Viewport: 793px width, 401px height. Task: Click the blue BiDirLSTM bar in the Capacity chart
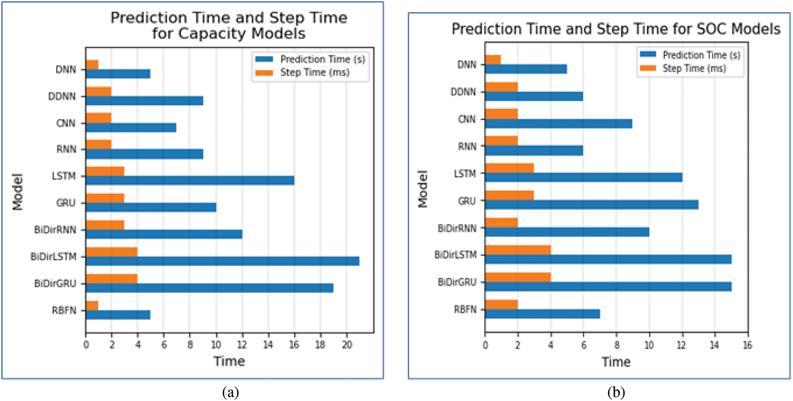pyautogui.click(x=223, y=261)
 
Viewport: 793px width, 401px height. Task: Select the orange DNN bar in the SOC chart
pyautogui.click(x=493, y=60)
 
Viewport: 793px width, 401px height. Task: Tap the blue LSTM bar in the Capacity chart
pyautogui.click(x=190, y=181)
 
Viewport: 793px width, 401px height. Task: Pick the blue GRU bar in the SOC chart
pyautogui.click(x=592, y=205)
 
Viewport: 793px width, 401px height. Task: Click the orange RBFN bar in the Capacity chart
pyautogui.click(x=92, y=306)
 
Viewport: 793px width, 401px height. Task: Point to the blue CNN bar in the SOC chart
pyautogui.click(x=559, y=124)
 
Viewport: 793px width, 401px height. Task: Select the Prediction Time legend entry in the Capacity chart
pyautogui.click(x=311, y=59)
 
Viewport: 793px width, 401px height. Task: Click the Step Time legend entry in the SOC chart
pyautogui.click(x=683, y=68)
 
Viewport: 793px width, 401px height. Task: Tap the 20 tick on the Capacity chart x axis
pyautogui.click(x=347, y=345)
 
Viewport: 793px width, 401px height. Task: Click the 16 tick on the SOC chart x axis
pyautogui.click(x=748, y=345)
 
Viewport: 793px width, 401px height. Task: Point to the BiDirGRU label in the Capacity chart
pyautogui.click(x=55, y=284)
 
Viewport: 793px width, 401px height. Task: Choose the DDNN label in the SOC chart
pyautogui.click(x=463, y=92)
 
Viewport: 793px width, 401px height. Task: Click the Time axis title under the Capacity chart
pyautogui.click(x=229, y=361)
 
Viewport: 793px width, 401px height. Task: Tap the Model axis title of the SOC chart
pyautogui.click(x=423, y=189)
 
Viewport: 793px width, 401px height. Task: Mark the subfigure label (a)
pyautogui.click(x=231, y=392)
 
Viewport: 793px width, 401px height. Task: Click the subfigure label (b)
pyautogui.click(x=616, y=392)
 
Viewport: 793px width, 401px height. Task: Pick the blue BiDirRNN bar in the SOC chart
pyautogui.click(x=567, y=232)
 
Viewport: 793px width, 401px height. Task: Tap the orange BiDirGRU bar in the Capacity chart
pyautogui.click(x=112, y=279)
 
